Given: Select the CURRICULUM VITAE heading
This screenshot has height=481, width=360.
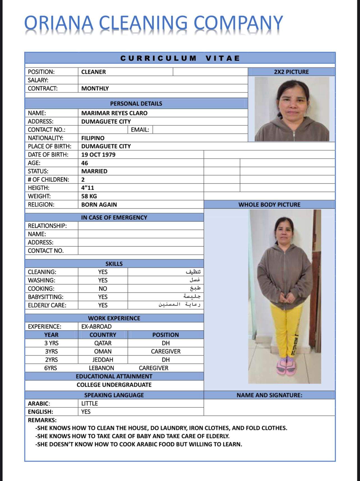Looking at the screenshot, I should tap(180, 58).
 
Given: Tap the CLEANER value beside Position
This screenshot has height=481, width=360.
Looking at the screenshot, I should tap(93, 72).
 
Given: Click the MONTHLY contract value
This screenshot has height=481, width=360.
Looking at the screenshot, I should tap(95, 88).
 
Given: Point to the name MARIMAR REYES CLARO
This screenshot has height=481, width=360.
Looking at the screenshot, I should tap(114, 113).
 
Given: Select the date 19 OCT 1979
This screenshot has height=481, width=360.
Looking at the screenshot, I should tap(98, 155).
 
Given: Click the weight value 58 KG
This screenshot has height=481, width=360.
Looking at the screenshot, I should tap(89, 196).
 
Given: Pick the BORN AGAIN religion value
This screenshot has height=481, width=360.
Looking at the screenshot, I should tap(99, 205).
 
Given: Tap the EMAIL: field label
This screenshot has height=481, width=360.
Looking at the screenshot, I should tap(140, 130).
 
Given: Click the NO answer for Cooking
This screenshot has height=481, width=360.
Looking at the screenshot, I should tap(103, 288).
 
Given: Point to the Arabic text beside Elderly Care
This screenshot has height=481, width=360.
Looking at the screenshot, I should tap(179, 305).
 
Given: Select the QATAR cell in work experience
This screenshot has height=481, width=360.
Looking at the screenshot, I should tap(103, 343).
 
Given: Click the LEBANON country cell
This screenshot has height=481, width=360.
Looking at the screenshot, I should tap(101, 368).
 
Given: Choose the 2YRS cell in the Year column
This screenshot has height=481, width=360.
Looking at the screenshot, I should tap(51, 360).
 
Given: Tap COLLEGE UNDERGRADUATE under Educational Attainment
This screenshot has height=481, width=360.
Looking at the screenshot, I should tap(114, 385).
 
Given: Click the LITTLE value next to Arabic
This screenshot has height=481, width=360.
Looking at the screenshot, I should tap(89, 404).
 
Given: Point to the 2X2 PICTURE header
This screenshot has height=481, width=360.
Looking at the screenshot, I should tap(291, 72).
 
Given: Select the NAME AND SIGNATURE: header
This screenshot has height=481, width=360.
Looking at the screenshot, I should tap(269, 395).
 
